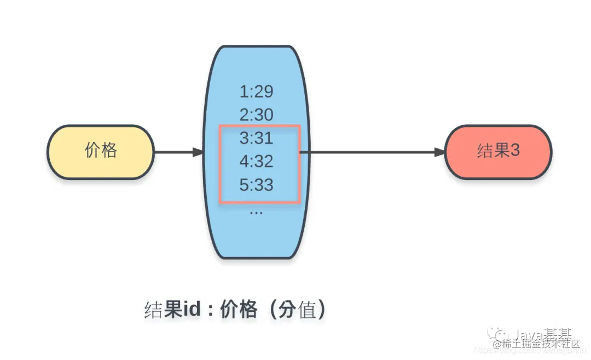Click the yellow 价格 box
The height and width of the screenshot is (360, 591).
tap(101, 152)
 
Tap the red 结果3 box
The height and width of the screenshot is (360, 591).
tap(498, 152)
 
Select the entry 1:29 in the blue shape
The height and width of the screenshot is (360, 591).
tap(256, 91)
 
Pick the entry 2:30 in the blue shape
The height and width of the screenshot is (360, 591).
tap(256, 115)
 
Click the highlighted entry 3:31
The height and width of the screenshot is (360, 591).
tap(256, 138)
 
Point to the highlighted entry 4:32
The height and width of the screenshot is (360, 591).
tap(256, 161)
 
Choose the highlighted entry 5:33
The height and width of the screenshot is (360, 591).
tap(256, 185)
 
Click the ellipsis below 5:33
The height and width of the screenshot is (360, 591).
tap(256, 211)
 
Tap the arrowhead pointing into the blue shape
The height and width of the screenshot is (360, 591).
tap(198, 152)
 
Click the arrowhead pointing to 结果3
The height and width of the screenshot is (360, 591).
tap(440, 152)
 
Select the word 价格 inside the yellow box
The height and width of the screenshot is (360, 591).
tap(101, 150)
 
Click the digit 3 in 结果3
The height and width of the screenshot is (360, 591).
tap(514, 150)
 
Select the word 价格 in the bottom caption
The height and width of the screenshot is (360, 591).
tap(239, 310)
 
